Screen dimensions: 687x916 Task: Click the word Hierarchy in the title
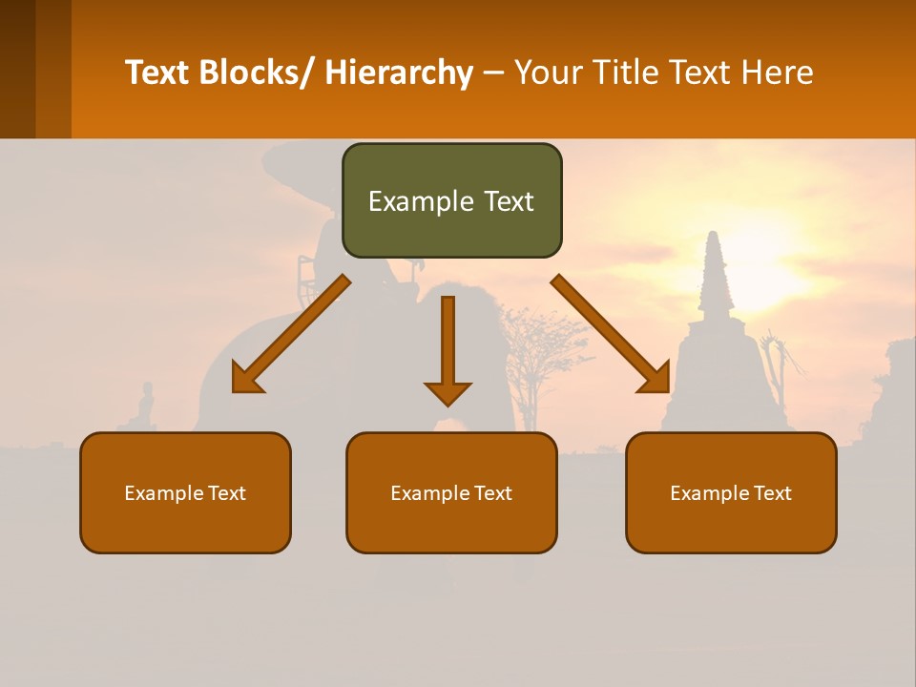pyautogui.click(x=399, y=73)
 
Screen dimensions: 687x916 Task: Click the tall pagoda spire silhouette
pyautogui.click(x=713, y=277)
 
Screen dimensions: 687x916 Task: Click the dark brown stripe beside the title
pyautogui.click(x=17, y=69)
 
